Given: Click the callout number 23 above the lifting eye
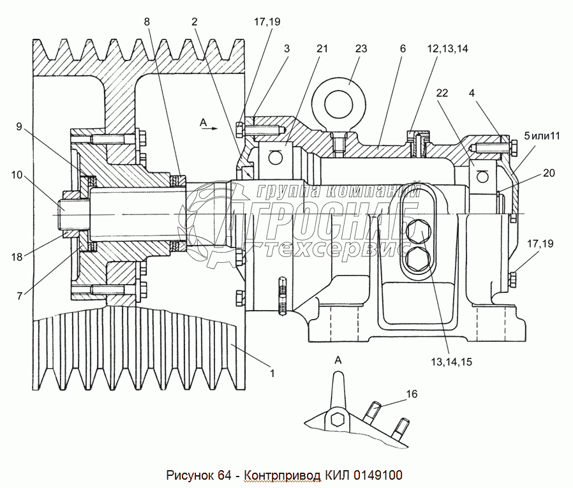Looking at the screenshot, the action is [x=361, y=48].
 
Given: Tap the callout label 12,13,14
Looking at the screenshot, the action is [x=448, y=48].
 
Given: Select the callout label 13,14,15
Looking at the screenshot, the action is [x=452, y=362].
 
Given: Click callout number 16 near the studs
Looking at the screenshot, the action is [x=412, y=394].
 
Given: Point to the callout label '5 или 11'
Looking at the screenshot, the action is [x=542, y=136].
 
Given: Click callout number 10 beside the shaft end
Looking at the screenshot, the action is [x=17, y=175].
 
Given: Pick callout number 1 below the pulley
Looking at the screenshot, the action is [x=272, y=373].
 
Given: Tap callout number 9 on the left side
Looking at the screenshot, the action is [x=19, y=127].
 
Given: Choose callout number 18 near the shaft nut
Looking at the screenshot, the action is [x=17, y=257].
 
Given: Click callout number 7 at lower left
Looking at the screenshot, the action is [x=20, y=296].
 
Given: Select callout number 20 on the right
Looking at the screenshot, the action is [x=549, y=173].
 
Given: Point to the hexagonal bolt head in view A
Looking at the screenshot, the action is [x=336, y=420].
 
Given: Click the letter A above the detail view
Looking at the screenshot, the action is [x=338, y=360].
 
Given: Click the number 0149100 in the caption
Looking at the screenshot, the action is [x=376, y=475].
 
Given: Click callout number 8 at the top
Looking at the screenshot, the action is [x=147, y=22].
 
